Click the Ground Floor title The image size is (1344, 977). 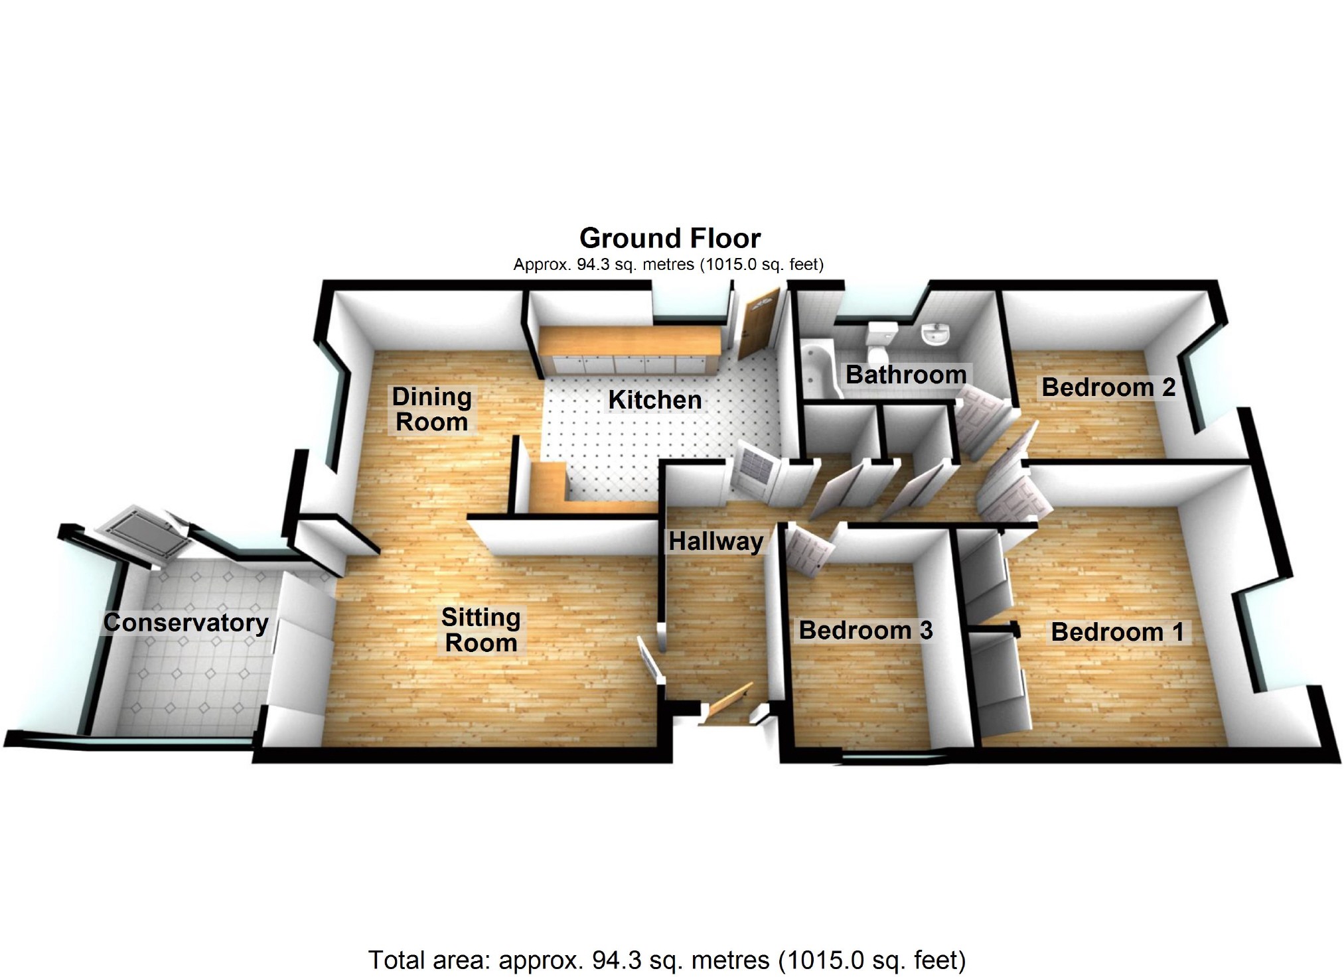(x=670, y=238)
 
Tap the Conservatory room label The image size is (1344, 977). (x=186, y=623)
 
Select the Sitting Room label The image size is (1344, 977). (x=481, y=630)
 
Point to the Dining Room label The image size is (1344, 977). (x=431, y=409)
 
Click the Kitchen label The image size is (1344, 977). (x=655, y=400)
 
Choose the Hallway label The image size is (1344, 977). (x=715, y=541)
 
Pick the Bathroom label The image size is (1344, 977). (x=906, y=375)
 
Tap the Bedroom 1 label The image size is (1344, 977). (x=1118, y=632)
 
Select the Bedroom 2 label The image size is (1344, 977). (x=1108, y=387)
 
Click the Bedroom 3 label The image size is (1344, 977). (x=865, y=630)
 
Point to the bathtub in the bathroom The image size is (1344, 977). (x=819, y=371)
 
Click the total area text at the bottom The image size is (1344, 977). (x=667, y=960)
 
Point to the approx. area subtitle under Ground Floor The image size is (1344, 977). (x=668, y=265)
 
